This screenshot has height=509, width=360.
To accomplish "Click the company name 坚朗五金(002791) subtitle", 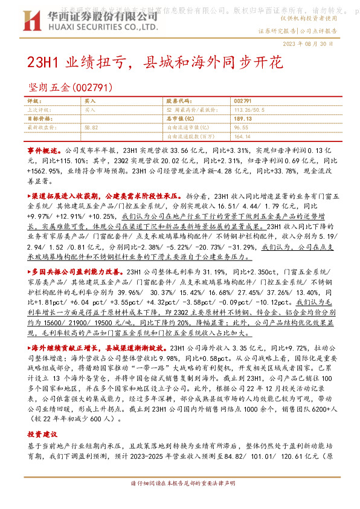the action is (x=71, y=88).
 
